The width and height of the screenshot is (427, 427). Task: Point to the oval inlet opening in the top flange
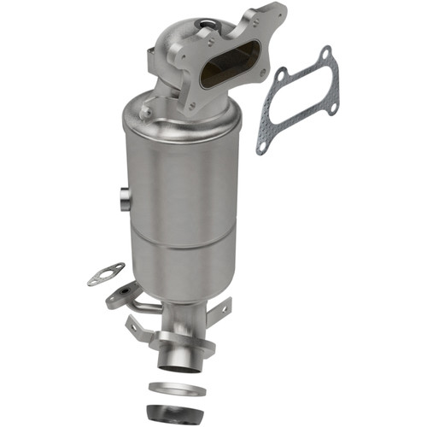[224, 72]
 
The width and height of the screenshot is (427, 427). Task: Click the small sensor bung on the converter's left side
[125, 200]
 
